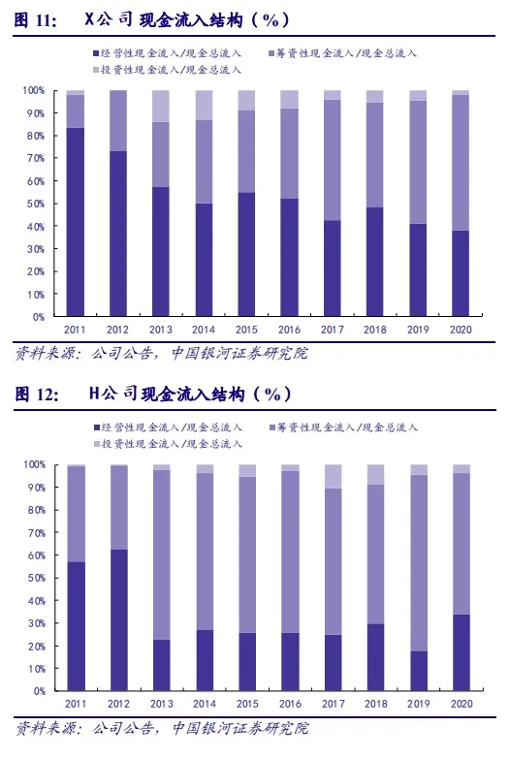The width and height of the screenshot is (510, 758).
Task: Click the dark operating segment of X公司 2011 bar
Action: pos(76,222)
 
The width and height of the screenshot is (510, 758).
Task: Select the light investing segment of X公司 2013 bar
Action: pos(161,106)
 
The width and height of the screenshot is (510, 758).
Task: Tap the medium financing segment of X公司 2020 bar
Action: pos(461,163)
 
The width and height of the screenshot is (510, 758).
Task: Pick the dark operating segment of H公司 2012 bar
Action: pos(119,620)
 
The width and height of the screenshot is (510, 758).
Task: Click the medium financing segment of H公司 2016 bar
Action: pos(290,553)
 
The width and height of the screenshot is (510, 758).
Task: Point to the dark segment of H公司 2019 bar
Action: pos(419,671)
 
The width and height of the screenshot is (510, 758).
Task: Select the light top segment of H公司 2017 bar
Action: pos(334,477)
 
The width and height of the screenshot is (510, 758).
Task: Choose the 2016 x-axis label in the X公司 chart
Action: pos(289,330)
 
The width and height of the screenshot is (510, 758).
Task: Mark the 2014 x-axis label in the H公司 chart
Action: pos(204,704)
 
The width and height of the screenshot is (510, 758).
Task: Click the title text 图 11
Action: pos(35,20)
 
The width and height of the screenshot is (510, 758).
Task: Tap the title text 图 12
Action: pos(36,395)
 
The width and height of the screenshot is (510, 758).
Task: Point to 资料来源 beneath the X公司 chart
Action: pos(45,354)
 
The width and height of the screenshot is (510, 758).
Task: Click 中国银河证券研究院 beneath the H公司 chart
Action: pos(240,728)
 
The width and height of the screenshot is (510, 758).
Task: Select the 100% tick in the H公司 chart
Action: pos(34,464)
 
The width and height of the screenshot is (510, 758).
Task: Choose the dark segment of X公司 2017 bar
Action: pos(333,268)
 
